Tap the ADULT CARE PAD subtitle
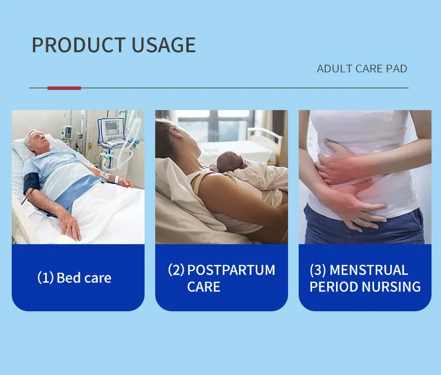pyautogui.click(x=362, y=69)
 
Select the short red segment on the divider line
pyautogui.click(x=64, y=88)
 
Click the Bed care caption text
pyautogui.click(x=84, y=278)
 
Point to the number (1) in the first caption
pyautogui.click(x=45, y=278)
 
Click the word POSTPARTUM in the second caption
pyautogui.click(x=231, y=270)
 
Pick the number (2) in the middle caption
pyautogui.click(x=176, y=270)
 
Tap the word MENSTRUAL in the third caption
pyautogui.click(x=369, y=270)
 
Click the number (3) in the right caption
pyautogui.click(x=318, y=270)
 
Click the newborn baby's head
pyautogui.click(x=228, y=162)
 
